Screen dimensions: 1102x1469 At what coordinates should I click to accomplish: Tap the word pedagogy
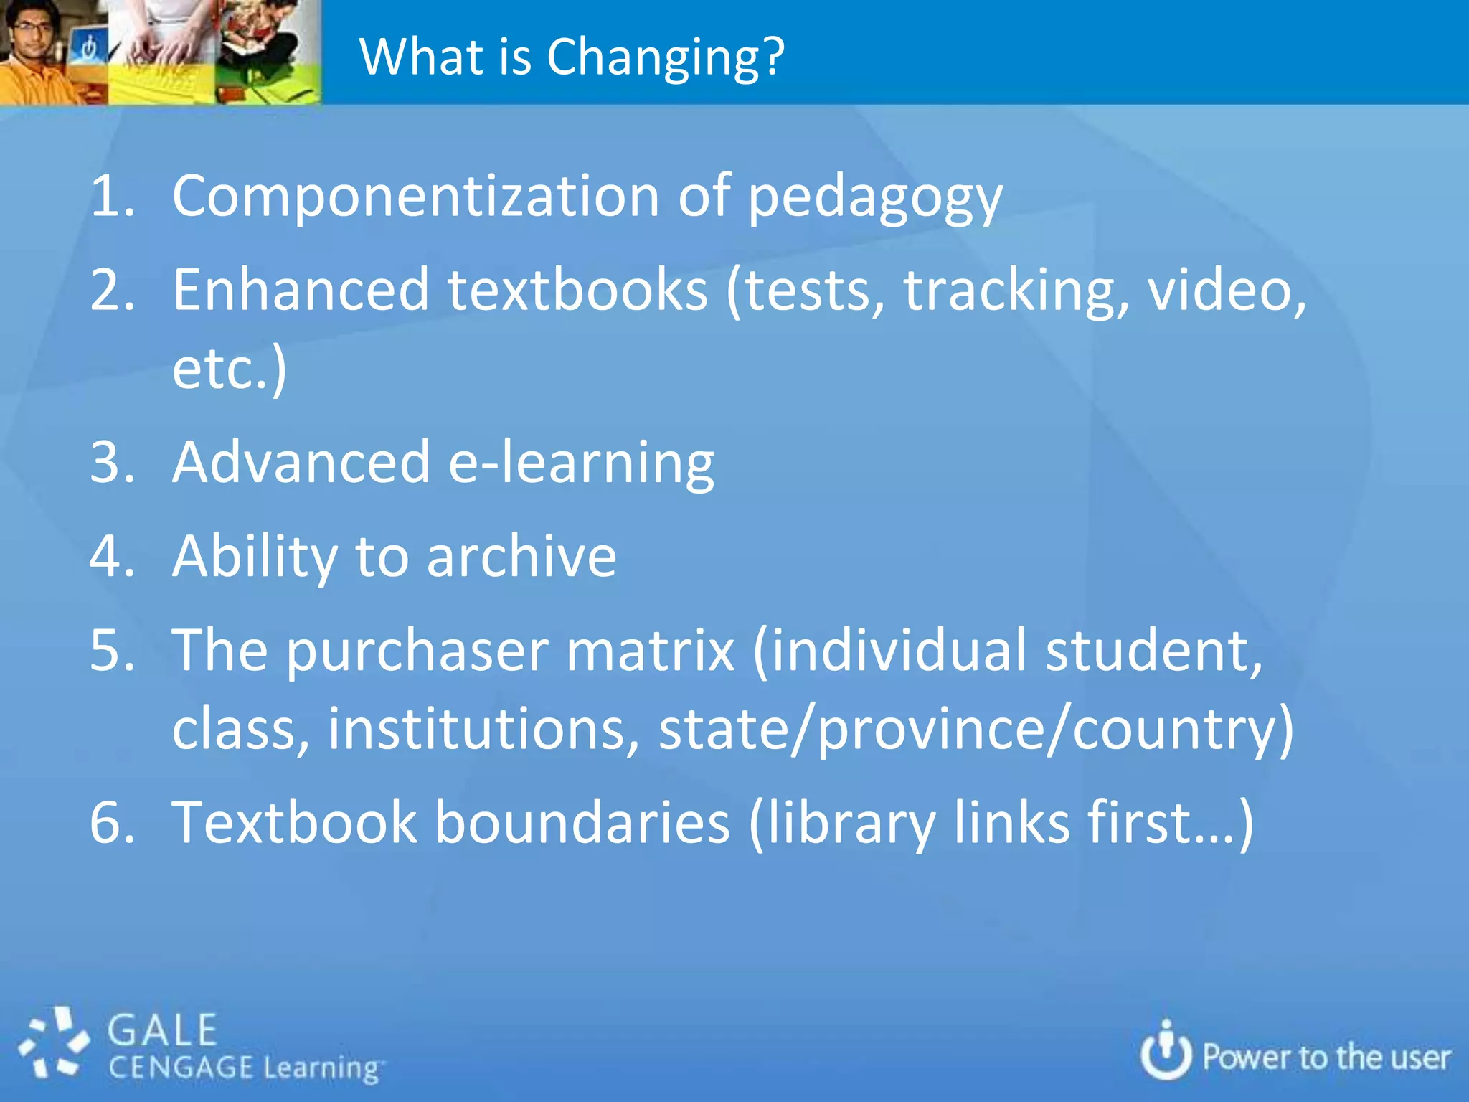tap(875, 198)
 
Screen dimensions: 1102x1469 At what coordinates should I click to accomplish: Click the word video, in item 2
tap(1227, 291)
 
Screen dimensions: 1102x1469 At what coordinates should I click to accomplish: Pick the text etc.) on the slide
tap(230, 369)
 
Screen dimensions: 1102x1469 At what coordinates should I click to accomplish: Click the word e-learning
tap(581, 463)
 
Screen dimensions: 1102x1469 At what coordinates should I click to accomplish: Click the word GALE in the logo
tap(163, 1031)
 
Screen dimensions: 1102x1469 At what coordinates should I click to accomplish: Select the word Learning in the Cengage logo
tap(321, 1068)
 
